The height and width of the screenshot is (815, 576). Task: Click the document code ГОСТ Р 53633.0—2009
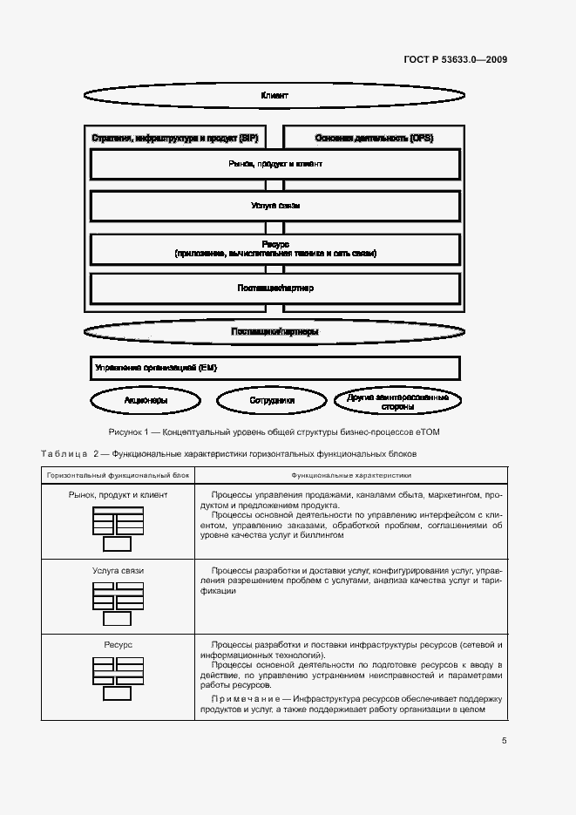pyautogui.click(x=456, y=59)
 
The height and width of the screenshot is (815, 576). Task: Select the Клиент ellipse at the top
pyautogui.click(x=274, y=95)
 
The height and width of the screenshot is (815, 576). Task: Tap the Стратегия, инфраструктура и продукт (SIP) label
pyautogui.click(x=175, y=138)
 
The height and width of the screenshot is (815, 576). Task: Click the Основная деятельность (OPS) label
pyautogui.click(x=374, y=138)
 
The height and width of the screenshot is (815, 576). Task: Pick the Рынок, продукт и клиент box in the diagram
pyautogui.click(x=274, y=164)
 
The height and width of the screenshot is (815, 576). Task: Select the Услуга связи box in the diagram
pyautogui.click(x=274, y=207)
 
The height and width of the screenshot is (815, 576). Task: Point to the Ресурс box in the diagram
pyautogui.click(x=274, y=248)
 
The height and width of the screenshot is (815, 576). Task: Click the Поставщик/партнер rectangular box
pyautogui.click(x=274, y=288)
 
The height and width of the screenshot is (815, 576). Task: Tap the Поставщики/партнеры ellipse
pyautogui.click(x=274, y=331)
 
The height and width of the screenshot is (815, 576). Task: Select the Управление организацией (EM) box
pyautogui.click(x=274, y=368)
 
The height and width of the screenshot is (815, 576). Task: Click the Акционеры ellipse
pyautogui.click(x=146, y=401)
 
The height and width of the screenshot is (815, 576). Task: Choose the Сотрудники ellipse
pyautogui.click(x=272, y=401)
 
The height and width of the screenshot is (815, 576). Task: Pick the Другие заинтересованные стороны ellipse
pyautogui.click(x=397, y=401)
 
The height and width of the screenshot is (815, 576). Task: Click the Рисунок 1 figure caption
pyautogui.click(x=274, y=431)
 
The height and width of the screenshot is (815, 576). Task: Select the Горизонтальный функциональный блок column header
pyautogui.click(x=119, y=475)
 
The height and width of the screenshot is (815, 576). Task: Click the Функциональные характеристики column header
pyautogui.click(x=351, y=475)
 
